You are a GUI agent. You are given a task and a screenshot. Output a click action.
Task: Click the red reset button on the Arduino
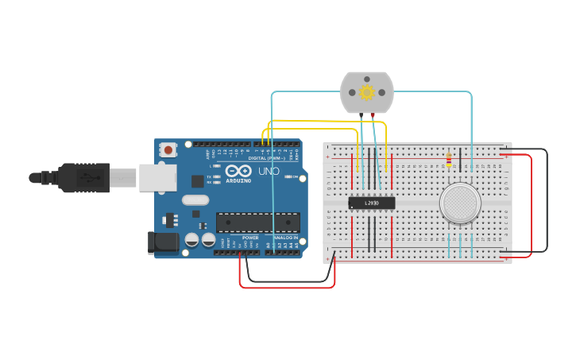pos(168,149)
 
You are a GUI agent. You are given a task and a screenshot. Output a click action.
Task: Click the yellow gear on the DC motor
pos(366,92)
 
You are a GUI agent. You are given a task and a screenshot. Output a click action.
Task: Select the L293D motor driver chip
pos(372,203)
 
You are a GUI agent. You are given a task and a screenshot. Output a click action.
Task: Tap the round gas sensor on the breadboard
pos(460,203)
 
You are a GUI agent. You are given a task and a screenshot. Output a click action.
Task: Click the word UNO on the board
pos(268,171)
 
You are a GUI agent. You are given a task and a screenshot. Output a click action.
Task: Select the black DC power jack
pos(163,242)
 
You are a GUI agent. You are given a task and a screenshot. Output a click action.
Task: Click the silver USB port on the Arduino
pos(157,177)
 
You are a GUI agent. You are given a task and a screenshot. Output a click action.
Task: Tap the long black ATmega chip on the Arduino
pos(257,223)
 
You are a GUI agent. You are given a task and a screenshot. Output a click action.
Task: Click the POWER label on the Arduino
pos(250,238)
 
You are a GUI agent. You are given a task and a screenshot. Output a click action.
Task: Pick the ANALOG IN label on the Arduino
pos(285,238)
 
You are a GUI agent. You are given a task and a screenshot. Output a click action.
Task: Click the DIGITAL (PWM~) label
pos(263,157)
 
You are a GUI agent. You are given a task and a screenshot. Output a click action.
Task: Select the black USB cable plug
pos(83,178)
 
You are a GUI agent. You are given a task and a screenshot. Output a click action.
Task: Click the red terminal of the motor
pos(373,115)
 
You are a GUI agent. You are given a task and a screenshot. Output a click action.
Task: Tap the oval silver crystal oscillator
pos(195,200)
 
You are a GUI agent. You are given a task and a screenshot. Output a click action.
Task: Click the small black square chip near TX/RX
pos(197,181)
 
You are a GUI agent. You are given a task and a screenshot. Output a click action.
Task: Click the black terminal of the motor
pos(361,115)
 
